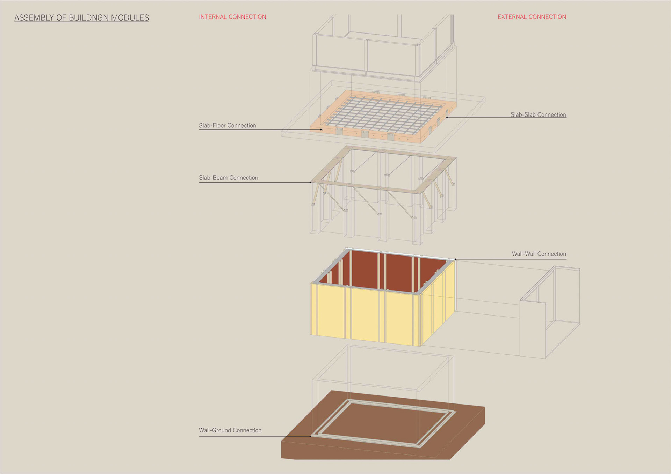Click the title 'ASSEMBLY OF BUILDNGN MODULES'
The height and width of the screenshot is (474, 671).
pyautogui.click(x=81, y=18)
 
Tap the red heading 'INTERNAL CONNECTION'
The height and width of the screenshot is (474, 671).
pyautogui.click(x=232, y=17)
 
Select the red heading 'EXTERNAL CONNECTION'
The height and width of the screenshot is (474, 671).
pyautogui.click(x=532, y=17)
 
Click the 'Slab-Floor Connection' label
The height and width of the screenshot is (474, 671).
pyautogui.click(x=227, y=125)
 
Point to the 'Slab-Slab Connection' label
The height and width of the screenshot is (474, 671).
pyautogui.click(x=538, y=114)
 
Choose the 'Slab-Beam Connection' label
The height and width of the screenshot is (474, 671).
pyautogui.click(x=228, y=178)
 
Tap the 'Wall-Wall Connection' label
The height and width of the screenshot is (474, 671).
pyautogui.click(x=539, y=254)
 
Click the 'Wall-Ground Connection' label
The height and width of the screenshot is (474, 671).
pyautogui.click(x=230, y=430)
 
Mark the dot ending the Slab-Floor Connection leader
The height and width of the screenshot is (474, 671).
pyautogui.click(x=321, y=129)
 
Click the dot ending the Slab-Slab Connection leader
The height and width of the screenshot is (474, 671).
pyautogui.click(x=447, y=118)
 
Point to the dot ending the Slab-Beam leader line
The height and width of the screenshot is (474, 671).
pyautogui.click(x=310, y=182)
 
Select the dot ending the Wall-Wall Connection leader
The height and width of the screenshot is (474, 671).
pyautogui.click(x=455, y=259)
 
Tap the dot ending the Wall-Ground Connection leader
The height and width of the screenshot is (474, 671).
pyautogui.click(x=310, y=436)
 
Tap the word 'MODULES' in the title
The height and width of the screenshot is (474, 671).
pyautogui.click(x=130, y=18)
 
